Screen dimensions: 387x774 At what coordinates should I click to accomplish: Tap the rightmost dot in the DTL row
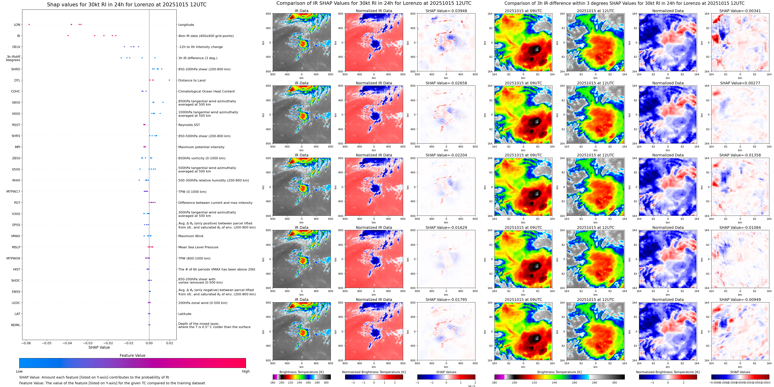(169, 80)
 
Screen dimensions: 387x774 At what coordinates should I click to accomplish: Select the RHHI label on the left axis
(16, 180)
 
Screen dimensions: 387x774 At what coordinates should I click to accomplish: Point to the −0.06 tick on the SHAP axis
(26, 343)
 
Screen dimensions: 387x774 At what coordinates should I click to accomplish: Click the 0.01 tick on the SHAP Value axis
(170, 343)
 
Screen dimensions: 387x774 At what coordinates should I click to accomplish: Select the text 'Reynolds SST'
(189, 125)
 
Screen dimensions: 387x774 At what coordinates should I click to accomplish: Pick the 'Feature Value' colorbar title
(132, 355)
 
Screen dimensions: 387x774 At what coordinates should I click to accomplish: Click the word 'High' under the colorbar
(246, 371)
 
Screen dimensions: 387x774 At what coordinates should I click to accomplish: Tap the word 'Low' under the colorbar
(19, 371)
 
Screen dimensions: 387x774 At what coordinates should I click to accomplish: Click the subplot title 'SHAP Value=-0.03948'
(446, 11)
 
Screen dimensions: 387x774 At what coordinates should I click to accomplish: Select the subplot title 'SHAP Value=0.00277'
(740, 83)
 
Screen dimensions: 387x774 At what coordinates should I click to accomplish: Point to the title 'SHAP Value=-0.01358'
(740, 155)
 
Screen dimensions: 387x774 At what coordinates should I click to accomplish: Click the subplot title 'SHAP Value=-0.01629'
(446, 227)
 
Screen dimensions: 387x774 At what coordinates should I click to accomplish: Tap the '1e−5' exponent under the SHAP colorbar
(471, 386)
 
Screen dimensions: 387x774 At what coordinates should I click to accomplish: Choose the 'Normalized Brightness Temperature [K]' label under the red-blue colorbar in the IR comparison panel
(374, 372)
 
